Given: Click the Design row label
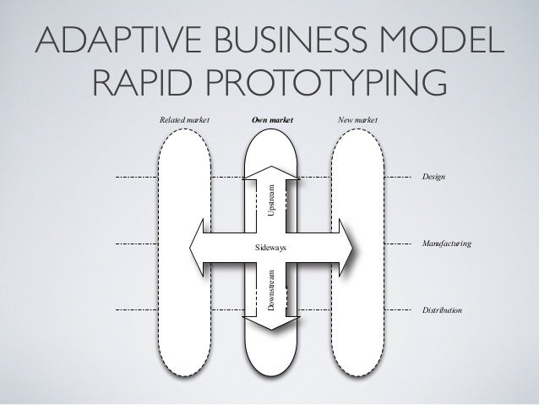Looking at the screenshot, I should click(433, 178).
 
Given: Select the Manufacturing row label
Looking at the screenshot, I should click(445, 244).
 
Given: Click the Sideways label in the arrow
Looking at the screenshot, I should click(271, 248).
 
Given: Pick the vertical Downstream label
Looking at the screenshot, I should click(271, 292).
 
